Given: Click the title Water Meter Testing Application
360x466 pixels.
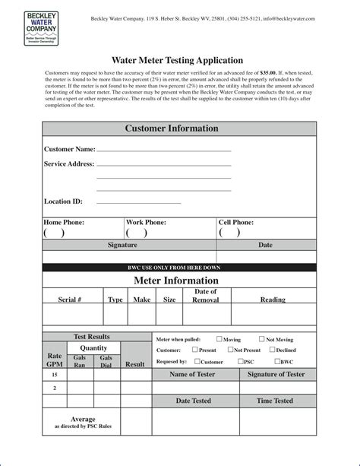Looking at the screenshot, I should (x=178, y=59).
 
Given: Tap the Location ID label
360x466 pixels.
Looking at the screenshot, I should (x=63, y=201).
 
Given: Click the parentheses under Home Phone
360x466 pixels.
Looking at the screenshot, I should (x=53, y=233).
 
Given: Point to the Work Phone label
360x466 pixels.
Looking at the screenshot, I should (x=147, y=222).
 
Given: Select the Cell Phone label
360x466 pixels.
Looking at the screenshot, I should (x=236, y=222).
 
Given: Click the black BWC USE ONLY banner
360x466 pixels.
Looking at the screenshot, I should (x=179, y=268).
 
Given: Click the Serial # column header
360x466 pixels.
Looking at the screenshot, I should (x=70, y=300).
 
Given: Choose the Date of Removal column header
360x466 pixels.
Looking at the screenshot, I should (x=206, y=296).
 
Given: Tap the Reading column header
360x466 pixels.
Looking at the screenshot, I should (x=273, y=300).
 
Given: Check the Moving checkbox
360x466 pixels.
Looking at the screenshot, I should (x=219, y=339).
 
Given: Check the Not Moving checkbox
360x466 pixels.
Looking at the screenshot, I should (x=261, y=339).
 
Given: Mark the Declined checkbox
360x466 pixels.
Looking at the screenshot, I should (x=271, y=350).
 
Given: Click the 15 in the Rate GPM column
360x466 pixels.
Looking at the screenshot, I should (x=54, y=376).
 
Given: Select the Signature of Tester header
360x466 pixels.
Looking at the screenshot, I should (x=275, y=374).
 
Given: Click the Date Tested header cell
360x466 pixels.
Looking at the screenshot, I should (x=194, y=401).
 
